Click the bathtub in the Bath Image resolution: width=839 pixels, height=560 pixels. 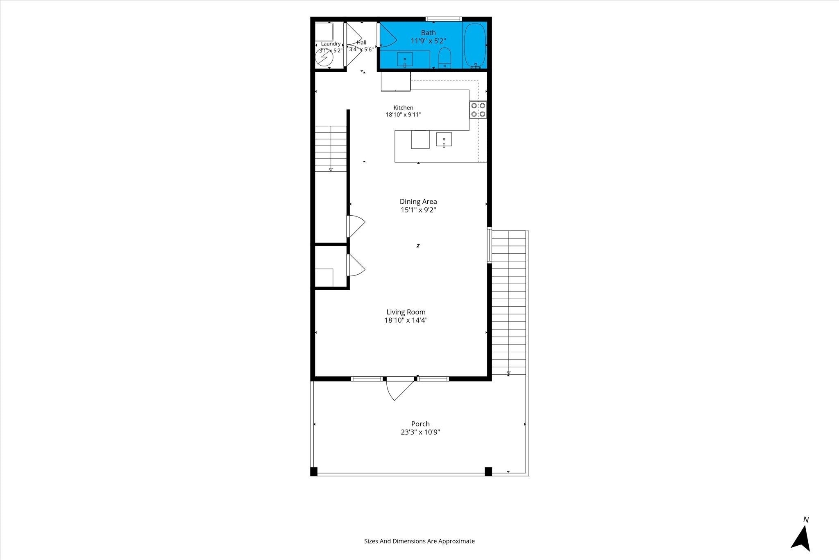[475, 45]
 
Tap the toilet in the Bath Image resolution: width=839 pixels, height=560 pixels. [444, 58]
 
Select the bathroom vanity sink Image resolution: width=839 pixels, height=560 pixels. [405, 59]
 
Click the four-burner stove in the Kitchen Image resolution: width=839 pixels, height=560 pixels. [478, 109]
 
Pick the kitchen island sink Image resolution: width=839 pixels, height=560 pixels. [444, 140]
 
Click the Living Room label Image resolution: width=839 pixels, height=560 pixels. [406, 312]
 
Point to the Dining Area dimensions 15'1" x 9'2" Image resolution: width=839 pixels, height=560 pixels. [418, 210]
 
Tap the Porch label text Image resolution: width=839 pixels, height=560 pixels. [420, 424]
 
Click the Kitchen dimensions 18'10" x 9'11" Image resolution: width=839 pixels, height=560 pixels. [404, 115]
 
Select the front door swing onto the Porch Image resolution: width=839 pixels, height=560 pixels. [399, 389]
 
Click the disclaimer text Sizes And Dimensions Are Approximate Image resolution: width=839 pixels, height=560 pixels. [419, 541]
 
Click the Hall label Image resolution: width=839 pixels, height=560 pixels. [361, 42]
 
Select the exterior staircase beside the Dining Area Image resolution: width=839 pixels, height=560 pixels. [509, 303]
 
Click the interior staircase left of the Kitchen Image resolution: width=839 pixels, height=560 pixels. [331, 149]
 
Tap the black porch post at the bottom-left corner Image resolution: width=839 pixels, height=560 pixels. [314, 471]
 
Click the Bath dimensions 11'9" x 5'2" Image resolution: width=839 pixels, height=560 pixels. [429, 41]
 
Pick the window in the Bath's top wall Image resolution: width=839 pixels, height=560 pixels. [444, 19]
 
